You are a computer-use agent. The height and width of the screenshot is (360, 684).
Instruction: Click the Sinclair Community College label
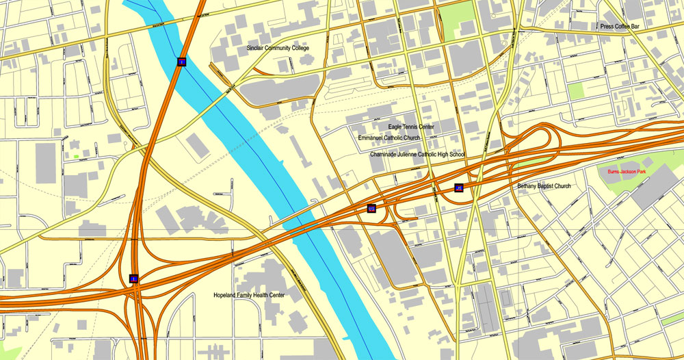[278, 48]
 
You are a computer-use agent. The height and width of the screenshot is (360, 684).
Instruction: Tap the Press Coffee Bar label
[624, 26]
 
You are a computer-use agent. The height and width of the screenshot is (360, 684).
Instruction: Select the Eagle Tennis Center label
[411, 127]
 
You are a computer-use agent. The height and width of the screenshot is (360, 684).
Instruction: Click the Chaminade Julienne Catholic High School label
[417, 155]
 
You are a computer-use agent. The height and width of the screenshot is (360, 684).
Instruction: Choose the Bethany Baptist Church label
[544, 186]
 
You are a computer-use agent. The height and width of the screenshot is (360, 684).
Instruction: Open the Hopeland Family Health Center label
[248, 296]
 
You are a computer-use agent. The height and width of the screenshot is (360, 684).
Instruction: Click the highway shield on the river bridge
[181, 62]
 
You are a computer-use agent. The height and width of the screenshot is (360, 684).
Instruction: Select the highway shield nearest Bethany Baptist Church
[458, 188]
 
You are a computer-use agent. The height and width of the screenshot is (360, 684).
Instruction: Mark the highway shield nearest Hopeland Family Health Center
[134, 279]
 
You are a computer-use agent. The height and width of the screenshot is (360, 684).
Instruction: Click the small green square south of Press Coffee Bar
[577, 91]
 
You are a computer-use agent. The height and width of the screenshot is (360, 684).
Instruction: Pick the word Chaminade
[386, 155]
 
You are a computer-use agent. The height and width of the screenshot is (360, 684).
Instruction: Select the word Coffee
[626, 26]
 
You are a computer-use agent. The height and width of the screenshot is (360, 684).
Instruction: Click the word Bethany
[528, 186]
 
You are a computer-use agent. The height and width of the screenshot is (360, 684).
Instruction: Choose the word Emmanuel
[373, 138]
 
